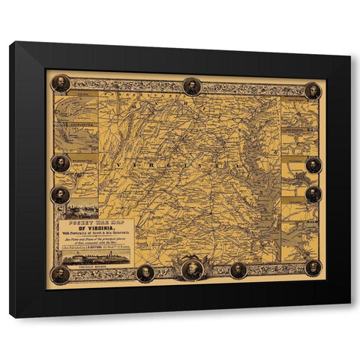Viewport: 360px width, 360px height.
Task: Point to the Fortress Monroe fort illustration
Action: (x=92, y=257)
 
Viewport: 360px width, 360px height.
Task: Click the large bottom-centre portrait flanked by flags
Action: (x=192, y=268)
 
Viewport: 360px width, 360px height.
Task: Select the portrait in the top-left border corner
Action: (x=60, y=83)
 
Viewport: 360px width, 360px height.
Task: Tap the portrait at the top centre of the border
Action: (x=192, y=86)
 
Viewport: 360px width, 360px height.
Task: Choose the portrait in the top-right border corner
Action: (x=313, y=91)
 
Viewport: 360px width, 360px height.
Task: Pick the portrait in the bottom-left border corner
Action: (x=60, y=274)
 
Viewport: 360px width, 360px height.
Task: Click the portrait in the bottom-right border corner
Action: (x=313, y=268)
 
